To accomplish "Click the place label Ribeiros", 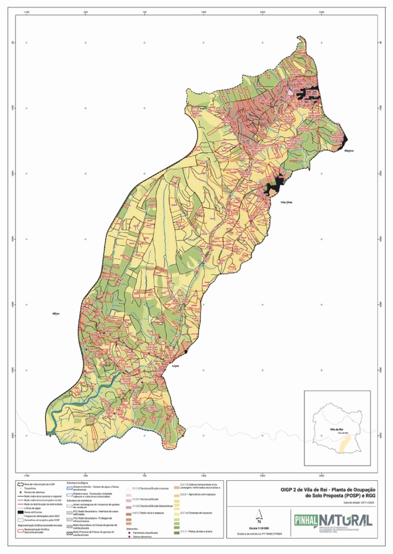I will [x=349, y=150].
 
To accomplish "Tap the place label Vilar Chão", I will [x=287, y=202].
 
